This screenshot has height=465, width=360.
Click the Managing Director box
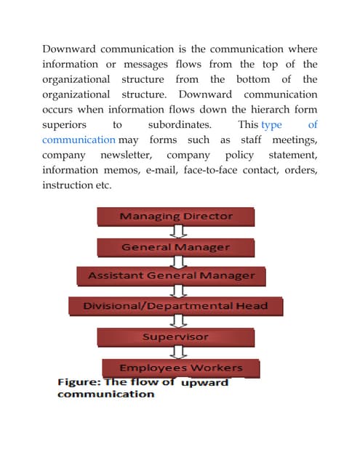[175, 217]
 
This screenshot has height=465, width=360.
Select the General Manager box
[175, 247]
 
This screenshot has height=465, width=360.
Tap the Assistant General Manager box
[172, 276]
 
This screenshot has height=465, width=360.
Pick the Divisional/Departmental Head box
[175, 306]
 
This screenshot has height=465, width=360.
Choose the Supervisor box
[175, 337]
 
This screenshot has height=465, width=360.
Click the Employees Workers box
[171, 368]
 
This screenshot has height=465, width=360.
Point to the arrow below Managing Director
[176, 232]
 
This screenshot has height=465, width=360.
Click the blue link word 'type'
[271, 125]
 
